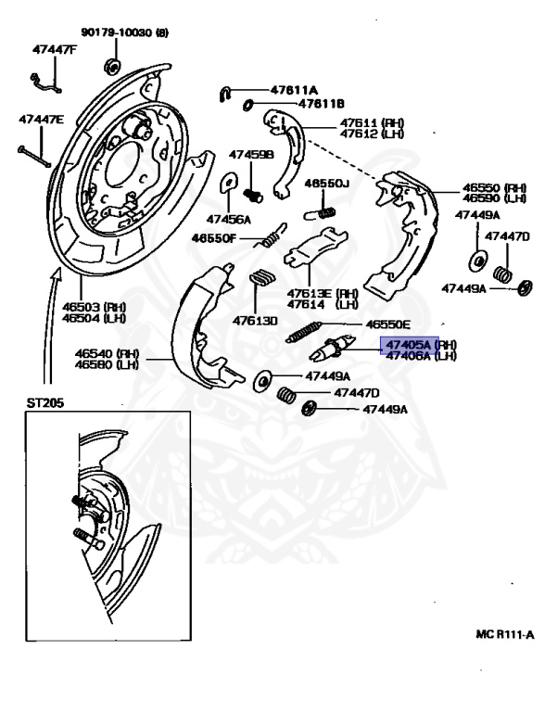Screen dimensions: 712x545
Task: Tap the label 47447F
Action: (55, 49)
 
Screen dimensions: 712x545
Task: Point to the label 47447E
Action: (41, 120)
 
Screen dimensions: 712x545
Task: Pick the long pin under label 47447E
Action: (32, 151)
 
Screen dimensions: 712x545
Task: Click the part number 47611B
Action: (295, 104)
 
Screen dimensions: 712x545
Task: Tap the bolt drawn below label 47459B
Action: (255, 194)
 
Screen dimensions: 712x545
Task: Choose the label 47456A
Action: (228, 219)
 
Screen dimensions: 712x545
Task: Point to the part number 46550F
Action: (215, 237)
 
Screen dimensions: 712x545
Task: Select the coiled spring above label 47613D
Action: (264, 277)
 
